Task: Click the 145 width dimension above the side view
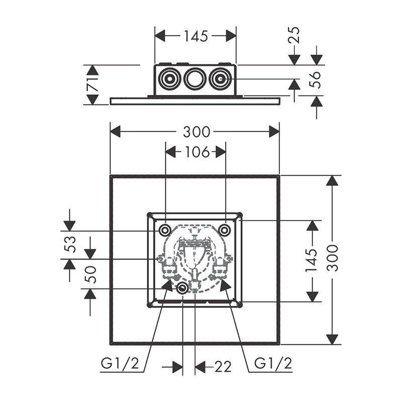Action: click(195, 36)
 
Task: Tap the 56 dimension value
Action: click(315, 79)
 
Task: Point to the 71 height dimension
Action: click(92, 85)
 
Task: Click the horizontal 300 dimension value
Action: click(196, 132)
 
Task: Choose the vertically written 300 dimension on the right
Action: click(332, 257)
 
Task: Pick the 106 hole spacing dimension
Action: click(196, 152)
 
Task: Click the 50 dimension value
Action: click(91, 274)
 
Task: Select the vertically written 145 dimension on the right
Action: click(312, 260)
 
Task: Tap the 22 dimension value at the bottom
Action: click(223, 367)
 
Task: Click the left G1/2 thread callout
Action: click(123, 363)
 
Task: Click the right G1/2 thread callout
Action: click(273, 363)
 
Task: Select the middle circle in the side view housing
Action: click(194, 79)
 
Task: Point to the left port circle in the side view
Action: click(169, 79)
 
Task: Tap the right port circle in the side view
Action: click(220, 79)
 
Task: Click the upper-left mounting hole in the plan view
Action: click(165, 230)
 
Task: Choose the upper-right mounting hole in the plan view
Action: click(225, 230)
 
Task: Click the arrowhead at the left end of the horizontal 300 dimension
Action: click(115, 132)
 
